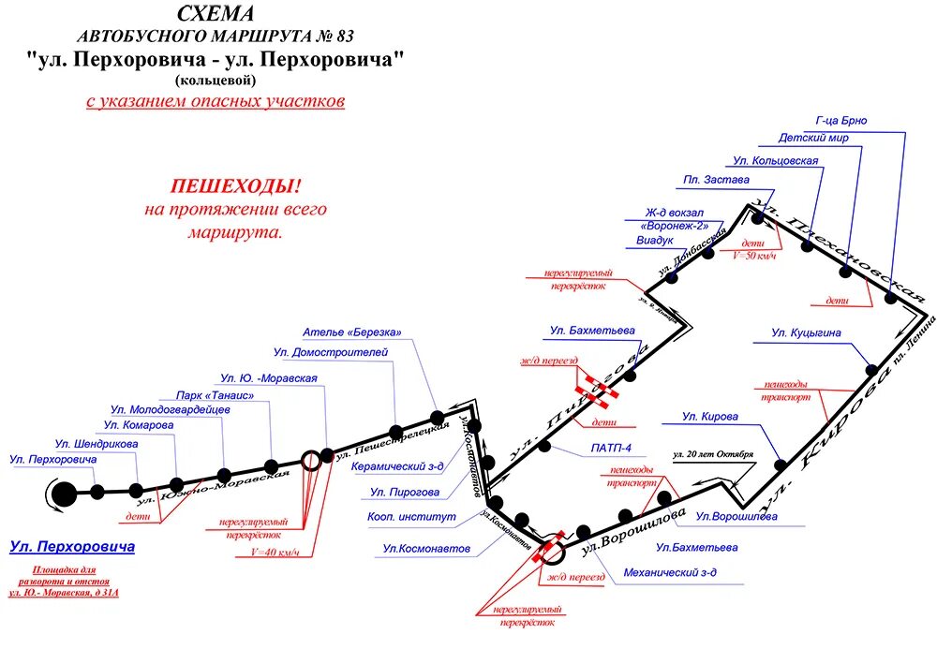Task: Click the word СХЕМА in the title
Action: pyautogui.click(x=215, y=14)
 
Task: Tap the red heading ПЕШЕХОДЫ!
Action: pyautogui.click(x=235, y=186)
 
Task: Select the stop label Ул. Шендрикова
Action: pyautogui.click(x=96, y=443)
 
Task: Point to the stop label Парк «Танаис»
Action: pyautogui.click(x=216, y=395)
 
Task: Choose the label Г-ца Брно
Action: pyautogui.click(x=840, y=121)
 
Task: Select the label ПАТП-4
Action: pyautogui.click(x=611, y=449)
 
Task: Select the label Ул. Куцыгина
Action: pyautogui.click(x=807, y=332)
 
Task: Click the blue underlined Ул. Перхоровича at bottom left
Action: pyautogui.click(x=72, y=546)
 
